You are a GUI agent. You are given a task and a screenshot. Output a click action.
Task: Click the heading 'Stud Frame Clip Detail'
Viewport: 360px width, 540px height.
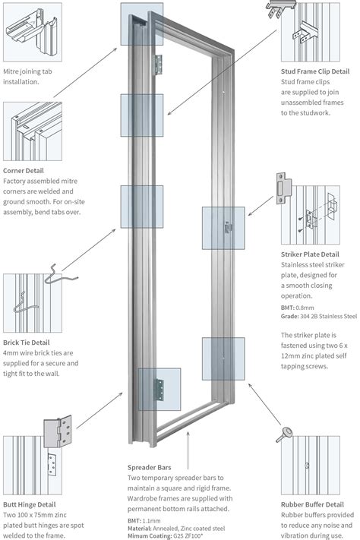(x=314, y=72)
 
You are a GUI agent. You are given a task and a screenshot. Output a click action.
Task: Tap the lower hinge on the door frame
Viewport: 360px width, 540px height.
(x=159, y=389)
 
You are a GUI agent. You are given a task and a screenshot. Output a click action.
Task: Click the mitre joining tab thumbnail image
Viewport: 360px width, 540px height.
(x=33, y=32)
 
